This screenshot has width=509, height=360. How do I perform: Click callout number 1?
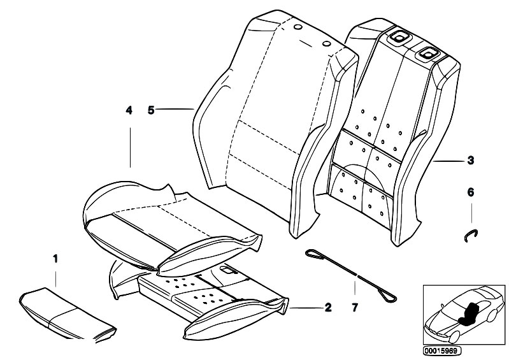click(x=55, y=259)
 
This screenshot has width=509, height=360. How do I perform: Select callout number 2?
click(x=327, y=308)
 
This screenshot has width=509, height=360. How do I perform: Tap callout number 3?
click(x=470, y=161)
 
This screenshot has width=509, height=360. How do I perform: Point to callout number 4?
click(x=129, y=110)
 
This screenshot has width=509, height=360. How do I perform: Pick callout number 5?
click(x=151, y=110)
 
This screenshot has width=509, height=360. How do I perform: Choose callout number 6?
click(x=470, y=191)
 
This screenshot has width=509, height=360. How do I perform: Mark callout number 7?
click(x=355, y=308)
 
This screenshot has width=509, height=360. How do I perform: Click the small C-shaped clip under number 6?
click(x=470, y=234)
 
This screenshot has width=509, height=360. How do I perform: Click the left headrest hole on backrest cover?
click(x=298, y=28)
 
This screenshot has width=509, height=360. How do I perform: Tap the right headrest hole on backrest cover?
click(x=326, y=43)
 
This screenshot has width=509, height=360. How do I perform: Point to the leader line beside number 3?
click(x=449, y=162)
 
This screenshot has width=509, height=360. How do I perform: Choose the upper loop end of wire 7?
click(x=313, y=254)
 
